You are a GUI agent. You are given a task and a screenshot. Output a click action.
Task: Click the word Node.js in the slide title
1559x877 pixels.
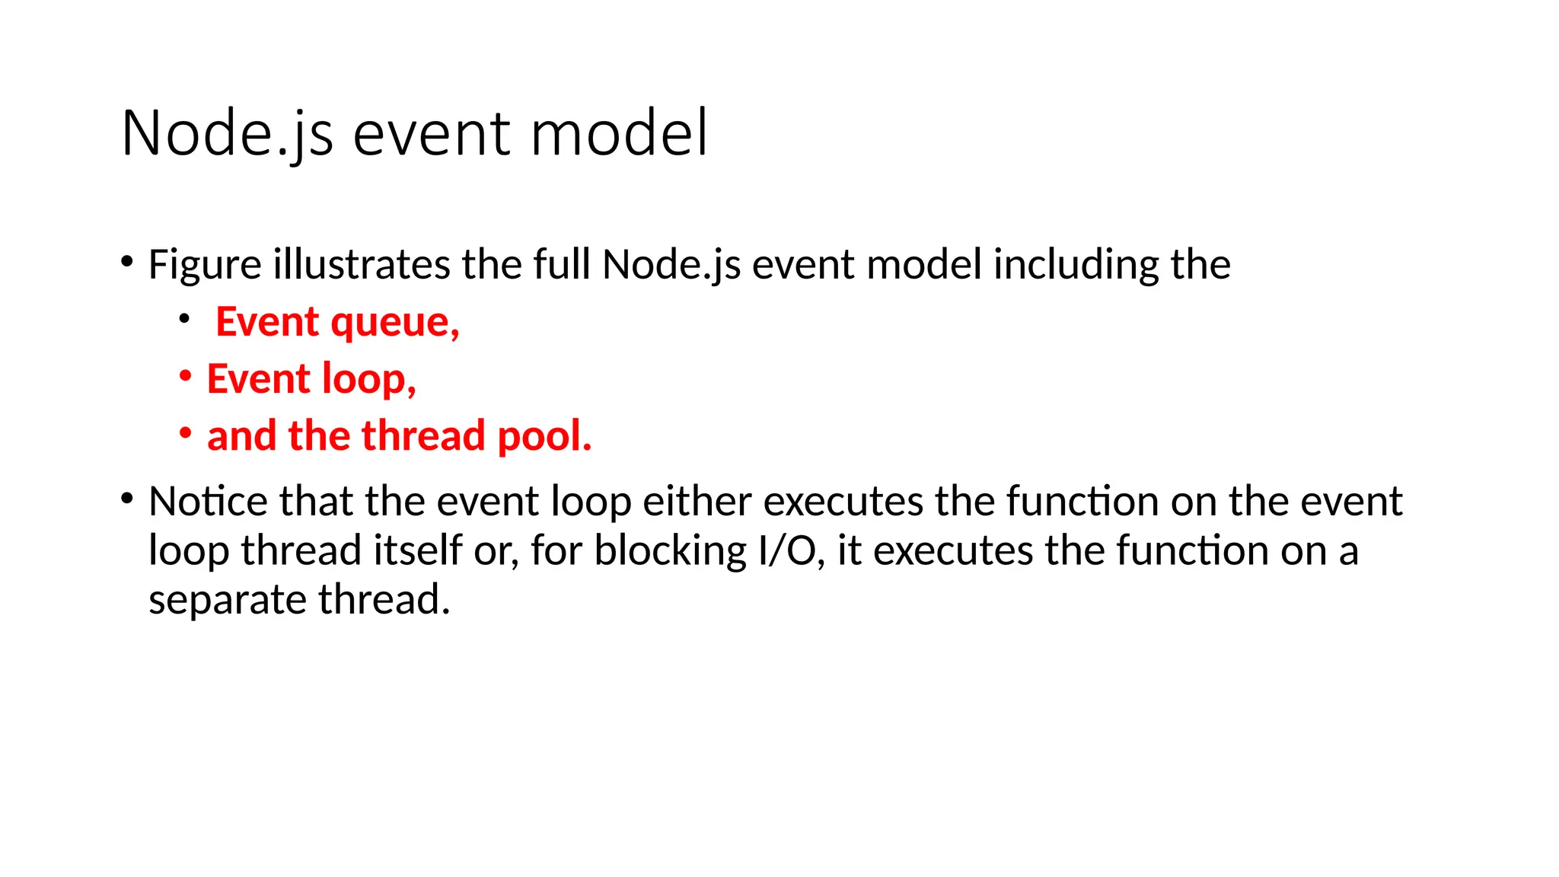click(227, 134)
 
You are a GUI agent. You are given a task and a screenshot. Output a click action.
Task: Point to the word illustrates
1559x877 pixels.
click(362, 265)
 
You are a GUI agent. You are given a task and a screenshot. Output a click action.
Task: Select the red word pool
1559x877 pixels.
click(544, 437)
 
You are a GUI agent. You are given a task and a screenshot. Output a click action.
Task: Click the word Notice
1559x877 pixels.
click(208, 502)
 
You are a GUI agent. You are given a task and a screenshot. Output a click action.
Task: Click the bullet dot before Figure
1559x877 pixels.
click(127, 263)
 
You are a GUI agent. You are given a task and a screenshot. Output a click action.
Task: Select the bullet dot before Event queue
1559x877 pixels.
click(184, 320)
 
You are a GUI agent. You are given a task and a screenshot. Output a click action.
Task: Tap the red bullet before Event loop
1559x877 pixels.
click(185, 376)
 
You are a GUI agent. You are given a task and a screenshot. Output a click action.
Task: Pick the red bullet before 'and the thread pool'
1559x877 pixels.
click(185, 433)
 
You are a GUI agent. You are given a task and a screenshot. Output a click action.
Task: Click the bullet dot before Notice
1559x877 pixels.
click(127, 499)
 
